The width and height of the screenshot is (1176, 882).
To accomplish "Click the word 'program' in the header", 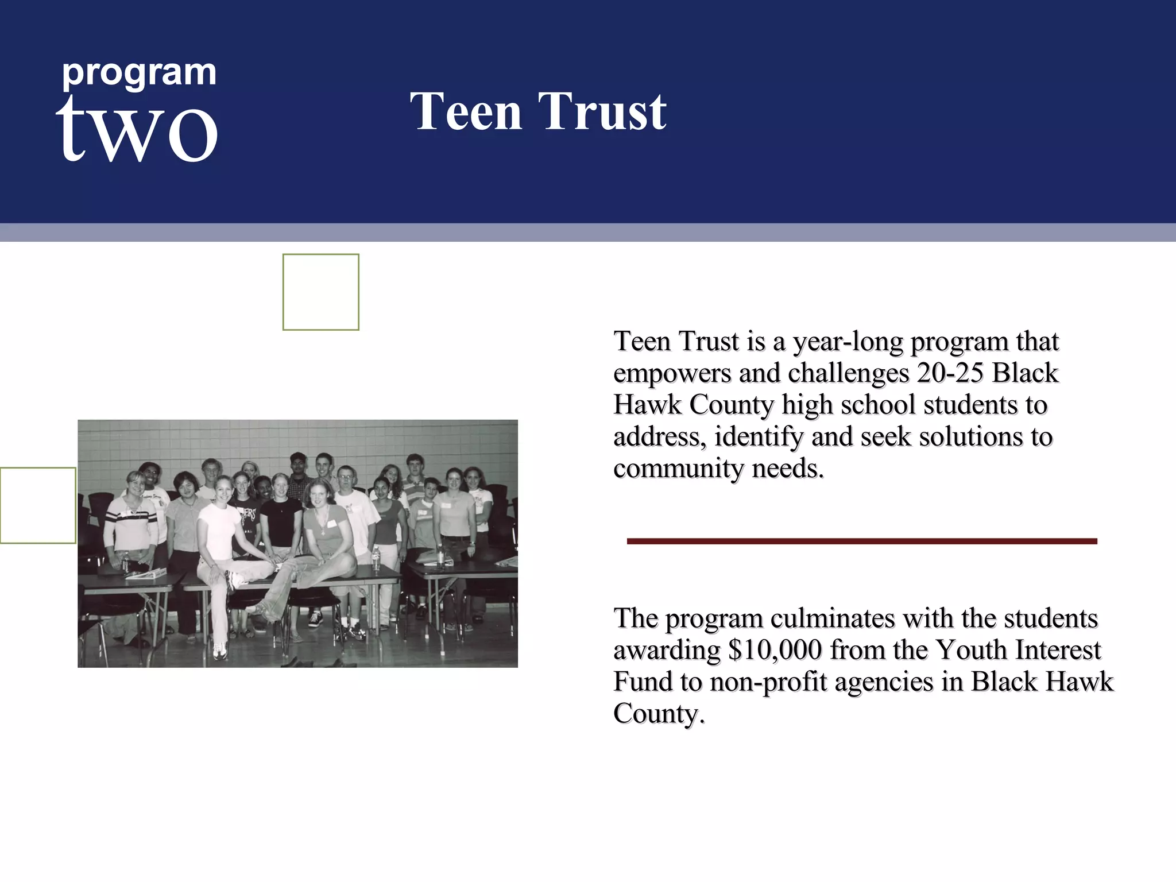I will coord(139,73).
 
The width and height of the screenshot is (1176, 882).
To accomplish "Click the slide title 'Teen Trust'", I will coord(538,111).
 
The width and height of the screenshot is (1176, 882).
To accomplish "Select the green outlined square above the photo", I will coord(320,292).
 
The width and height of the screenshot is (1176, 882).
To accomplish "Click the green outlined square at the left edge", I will coord(38,505).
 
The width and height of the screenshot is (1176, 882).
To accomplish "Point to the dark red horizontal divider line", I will coord(861,541).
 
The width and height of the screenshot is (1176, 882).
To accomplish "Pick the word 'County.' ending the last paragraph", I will coord(659,714).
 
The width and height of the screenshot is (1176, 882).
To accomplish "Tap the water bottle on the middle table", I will coord(376,558).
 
